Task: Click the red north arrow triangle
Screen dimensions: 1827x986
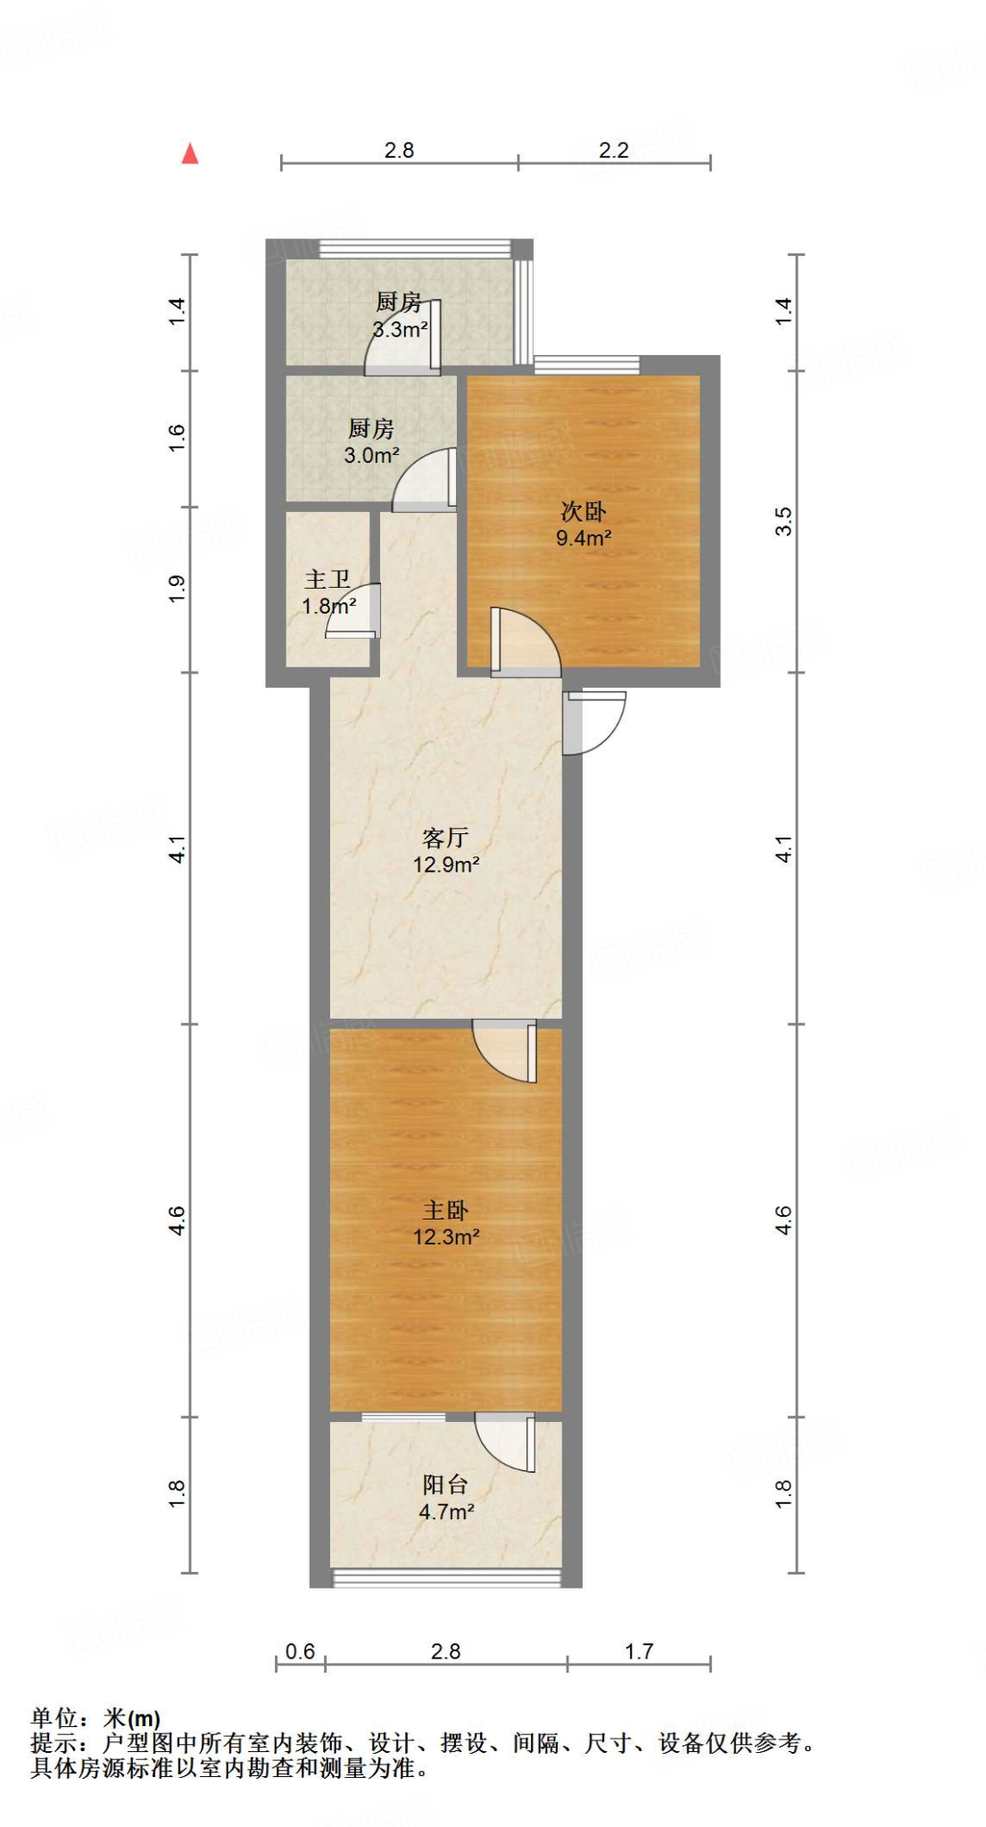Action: (190, 154)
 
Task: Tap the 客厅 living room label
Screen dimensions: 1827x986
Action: (445, 838)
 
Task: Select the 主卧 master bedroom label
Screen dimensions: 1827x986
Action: (445, 1211)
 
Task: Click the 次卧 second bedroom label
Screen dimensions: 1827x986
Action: (584, 511)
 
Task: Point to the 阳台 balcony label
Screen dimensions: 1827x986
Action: (445, 1484)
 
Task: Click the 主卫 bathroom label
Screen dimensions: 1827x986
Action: (327, 580)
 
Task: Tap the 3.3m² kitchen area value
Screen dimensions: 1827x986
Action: (400, 329)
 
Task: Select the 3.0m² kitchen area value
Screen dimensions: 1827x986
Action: (371, 455)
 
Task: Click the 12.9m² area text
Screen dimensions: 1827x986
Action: (445, 864)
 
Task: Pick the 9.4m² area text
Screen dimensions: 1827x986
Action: (584, 538)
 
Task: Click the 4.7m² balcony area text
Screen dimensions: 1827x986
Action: (445, 1511)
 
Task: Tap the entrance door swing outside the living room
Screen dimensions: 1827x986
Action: (592, 721)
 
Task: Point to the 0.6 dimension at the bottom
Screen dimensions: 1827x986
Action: (300, 1651)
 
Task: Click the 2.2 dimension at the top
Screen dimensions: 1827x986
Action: (614, 150)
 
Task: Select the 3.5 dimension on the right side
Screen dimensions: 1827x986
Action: (783, 521)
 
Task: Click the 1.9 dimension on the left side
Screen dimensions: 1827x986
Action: (177, 589)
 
